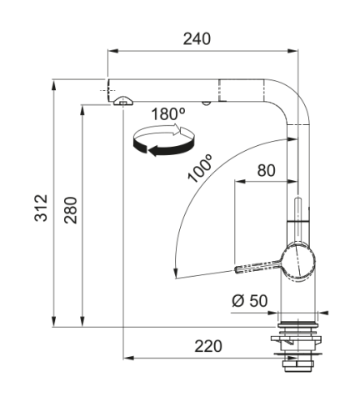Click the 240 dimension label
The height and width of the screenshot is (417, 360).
[x=197, y=39]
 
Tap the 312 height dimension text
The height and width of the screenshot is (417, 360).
[x=41, y=208]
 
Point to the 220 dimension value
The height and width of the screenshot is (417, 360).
[x=208, y=346]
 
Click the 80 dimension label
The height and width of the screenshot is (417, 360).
[x=266, y=170]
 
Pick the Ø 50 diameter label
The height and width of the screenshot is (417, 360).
[x=249, y=300]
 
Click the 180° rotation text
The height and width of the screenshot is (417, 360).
[x=168, y=114]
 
